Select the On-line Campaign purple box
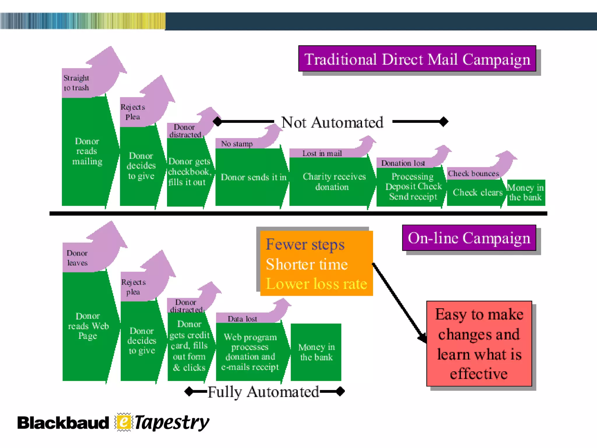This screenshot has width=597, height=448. click(x=469, y=238)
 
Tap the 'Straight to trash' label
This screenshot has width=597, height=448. click(x=76, y=83)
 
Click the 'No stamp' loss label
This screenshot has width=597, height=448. click(x=237, y=144)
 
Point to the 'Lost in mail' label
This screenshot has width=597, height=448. click(x=322, y=153)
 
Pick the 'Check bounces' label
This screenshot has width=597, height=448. click(x=473, y=174)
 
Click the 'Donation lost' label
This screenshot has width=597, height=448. click(x=403, y=163)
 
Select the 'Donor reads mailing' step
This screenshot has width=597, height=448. click(x=87, y=151)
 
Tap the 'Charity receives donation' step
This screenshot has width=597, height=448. click(x=333, y=181)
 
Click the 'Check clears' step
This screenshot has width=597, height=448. click(x=477, y=192)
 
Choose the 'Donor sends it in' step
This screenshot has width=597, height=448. click(x=253, y=177)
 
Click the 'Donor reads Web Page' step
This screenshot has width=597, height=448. click(x=88, y=326)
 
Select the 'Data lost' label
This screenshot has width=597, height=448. click(x=242, y=319)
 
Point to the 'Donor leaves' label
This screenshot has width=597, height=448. click(x=77, y=258)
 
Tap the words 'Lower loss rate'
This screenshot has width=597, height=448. click(x=316, y=283)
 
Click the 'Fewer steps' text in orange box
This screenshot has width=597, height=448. click(x=305, y=244)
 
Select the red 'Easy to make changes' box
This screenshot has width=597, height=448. click(x=479, y=344)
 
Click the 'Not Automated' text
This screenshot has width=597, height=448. click(x=332, y=122)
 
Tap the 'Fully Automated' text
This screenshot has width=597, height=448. click(x=263, y=392)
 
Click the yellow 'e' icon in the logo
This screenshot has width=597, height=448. click(x=124, y=422)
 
